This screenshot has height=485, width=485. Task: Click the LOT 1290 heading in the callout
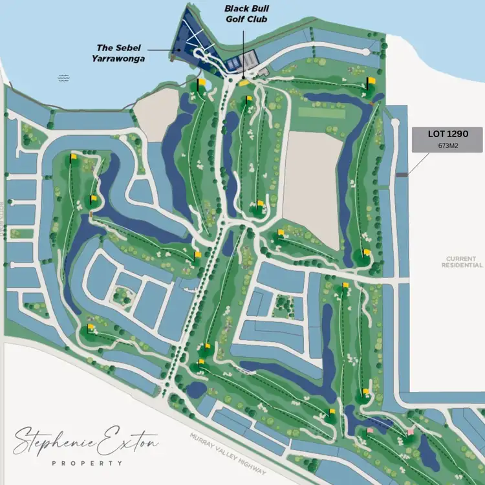(x=447, y=135)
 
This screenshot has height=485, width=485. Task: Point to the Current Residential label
(x=462, y=261)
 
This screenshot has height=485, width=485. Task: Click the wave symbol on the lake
(x=63, y=78)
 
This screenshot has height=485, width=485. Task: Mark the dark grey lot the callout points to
(x=402, y=174)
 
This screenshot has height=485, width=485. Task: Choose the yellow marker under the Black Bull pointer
(x=243, y=83)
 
